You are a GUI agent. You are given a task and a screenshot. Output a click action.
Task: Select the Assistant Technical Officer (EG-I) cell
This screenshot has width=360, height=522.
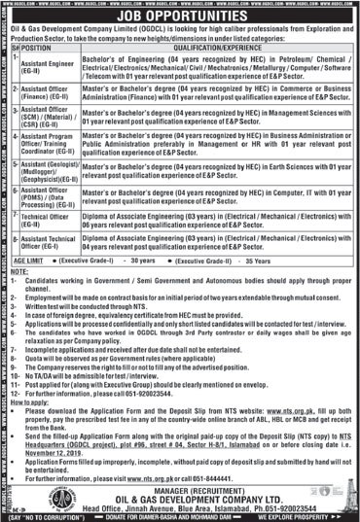(48, 242)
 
